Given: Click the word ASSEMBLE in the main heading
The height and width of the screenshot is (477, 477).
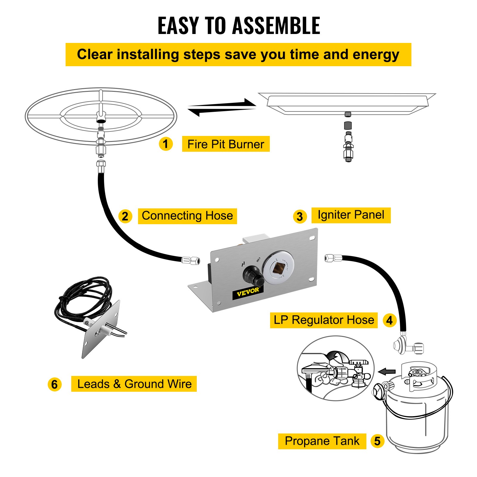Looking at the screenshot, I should pyautogui.click(x=276, y=26).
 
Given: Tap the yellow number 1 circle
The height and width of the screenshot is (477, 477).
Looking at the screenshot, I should pyautogui.click(x=166, y=144).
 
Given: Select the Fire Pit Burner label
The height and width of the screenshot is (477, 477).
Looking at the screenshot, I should pyautogui.click(x=226, y=144).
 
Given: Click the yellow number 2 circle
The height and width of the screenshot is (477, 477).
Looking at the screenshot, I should pyautogui.click(x=125, y=216).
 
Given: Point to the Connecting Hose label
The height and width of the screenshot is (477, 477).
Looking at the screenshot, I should pyautogui.click(x=187, y=216).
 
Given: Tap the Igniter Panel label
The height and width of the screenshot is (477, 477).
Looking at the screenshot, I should pyautogui.click(x=351, y=215).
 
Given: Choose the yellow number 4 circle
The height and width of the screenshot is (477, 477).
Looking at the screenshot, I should pyautogui.click(x=389, y=320).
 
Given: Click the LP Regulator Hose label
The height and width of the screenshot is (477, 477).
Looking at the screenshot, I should pyautogui.click(x=324, y=320).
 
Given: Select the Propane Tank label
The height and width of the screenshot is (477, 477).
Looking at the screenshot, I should pyautogui.click(x=322, y=441).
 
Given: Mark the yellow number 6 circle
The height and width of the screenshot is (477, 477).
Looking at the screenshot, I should pyautogui.click(x=54, y=384).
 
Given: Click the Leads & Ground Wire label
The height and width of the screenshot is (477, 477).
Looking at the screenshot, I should pyautogui.click(x=134, y=384).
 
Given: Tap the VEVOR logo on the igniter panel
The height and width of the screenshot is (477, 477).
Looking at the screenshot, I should pyautogui.click(x=248, y=292).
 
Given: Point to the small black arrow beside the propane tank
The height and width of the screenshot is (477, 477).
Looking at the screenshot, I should pyautogui.click(x=387, y=371).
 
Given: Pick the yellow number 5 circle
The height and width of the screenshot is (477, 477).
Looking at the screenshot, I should pyautogui.click(x=377, y=441).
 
